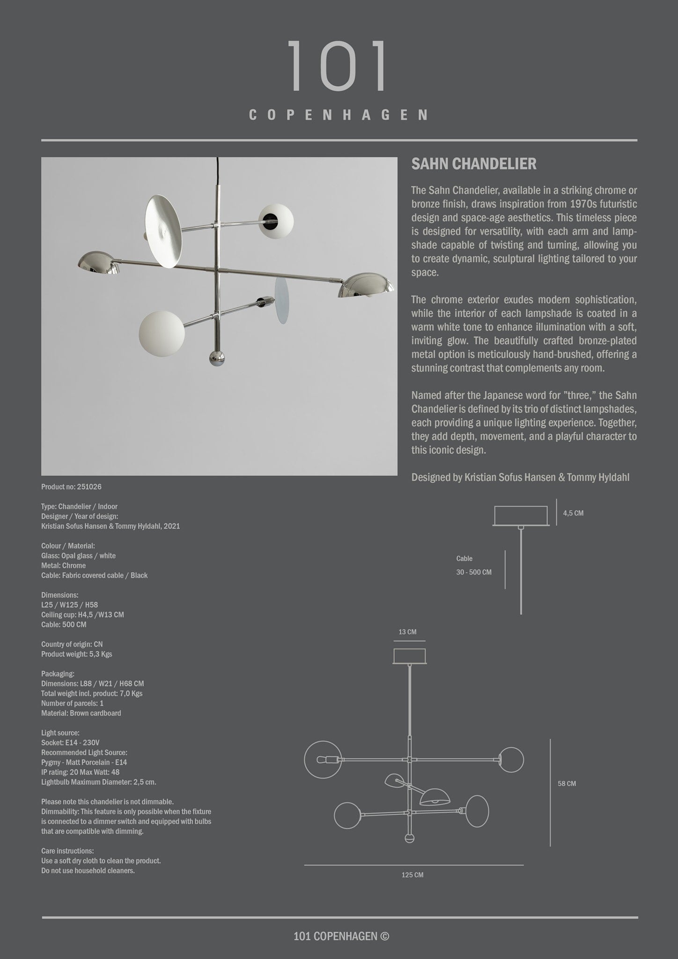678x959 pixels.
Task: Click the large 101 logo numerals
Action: (x=338, y=66)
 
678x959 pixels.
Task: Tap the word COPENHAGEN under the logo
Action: (x=338, y=115)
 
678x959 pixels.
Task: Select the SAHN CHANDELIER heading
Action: (x=474, y=164)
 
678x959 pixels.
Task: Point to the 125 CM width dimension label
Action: (x=413, y=875)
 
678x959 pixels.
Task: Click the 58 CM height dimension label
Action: (x=567, y=783)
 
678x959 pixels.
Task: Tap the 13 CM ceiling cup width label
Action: (x=407, y=632)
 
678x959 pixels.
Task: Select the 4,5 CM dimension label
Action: (x=573, y=513)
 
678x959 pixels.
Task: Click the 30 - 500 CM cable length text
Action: (x=474, y=572)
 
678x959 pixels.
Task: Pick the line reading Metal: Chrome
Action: (x=64, y=566)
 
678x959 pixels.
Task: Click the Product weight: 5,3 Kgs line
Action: (x=77, y=654)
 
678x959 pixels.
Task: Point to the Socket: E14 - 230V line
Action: (x=70, y=743)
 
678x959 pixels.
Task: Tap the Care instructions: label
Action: (x=67, y=851)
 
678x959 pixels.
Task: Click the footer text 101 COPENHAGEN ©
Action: (x=341, y=936)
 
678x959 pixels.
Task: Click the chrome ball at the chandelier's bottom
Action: (x=217, y=357)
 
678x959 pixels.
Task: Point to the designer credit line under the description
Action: (x=520, y=478)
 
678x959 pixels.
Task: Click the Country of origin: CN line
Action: (x=72, y=644)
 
